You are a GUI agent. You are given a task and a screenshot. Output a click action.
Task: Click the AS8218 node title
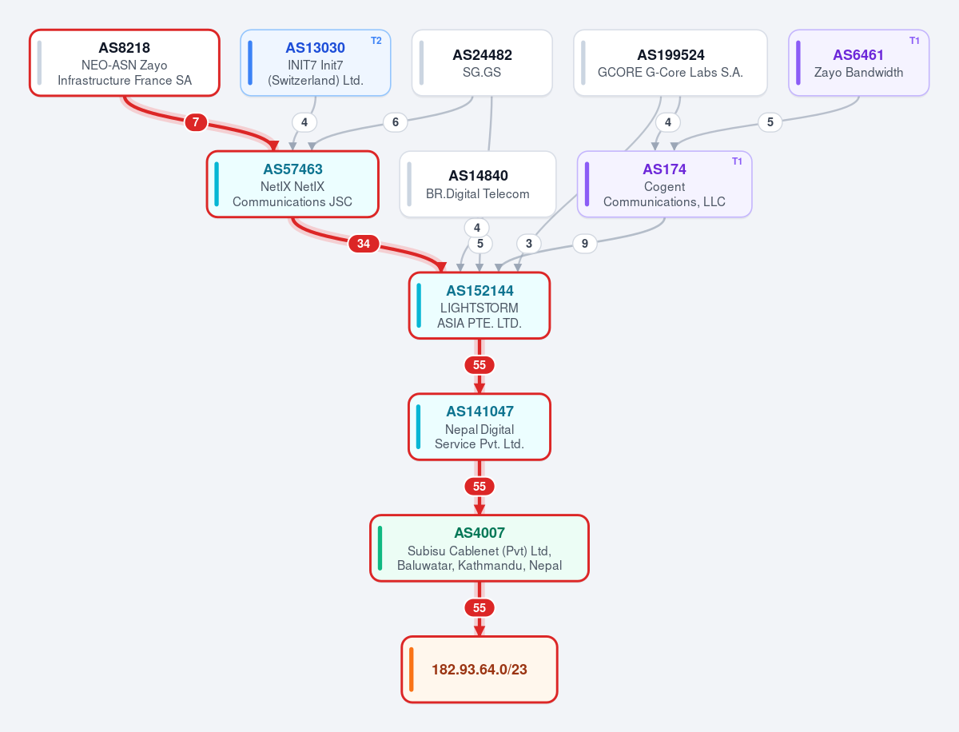coord(124,48)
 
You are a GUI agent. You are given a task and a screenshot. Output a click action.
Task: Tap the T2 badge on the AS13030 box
coord(376,41)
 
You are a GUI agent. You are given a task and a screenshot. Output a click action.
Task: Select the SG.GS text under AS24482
coord(481,72)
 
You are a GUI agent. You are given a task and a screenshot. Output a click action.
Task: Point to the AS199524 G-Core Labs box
coord(671,63)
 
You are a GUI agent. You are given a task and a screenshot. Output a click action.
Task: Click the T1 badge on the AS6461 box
coord(914,41)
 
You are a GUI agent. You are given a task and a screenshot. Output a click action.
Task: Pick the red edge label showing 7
coord(196,121)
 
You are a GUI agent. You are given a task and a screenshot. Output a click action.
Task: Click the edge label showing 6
coord(396,121)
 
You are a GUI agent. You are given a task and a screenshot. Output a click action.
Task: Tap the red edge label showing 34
coord(364,243)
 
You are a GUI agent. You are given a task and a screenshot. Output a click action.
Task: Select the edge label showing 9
coord(584,243)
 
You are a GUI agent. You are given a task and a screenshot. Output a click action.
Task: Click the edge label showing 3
coord(529,243)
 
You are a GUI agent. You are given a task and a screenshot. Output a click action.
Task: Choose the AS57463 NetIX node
coord(292,185)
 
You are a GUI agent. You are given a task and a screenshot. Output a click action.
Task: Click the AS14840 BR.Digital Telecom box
coord(478,185)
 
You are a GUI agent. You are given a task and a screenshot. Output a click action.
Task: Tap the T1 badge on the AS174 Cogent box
coord(737,161)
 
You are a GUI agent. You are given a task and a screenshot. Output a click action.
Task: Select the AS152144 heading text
coord(479,290)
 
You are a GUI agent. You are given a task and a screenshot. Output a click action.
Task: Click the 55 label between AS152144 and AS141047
coord(479,364)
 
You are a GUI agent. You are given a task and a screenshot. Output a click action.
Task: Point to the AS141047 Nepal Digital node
coord(479,427)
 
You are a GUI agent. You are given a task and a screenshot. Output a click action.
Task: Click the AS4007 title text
coord(479,533)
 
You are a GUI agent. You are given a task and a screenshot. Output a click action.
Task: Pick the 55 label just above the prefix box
coord(479,607)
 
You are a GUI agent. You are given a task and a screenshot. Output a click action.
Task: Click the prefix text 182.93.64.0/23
coord(479,670)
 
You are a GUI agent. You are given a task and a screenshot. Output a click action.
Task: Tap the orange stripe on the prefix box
coord(411,670)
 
